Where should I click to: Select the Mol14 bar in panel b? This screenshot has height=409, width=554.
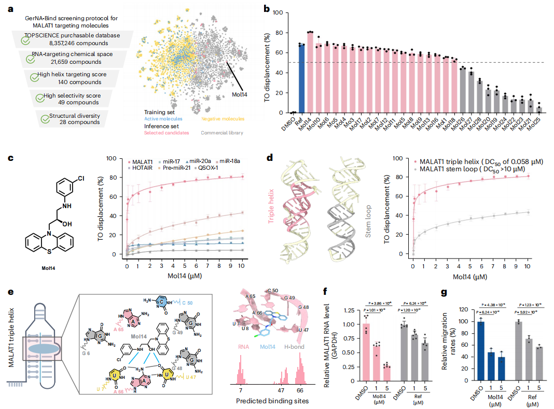pyautogui.click(x=310, y=72)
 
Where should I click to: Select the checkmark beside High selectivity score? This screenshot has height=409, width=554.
pyautogui.click(x=38, y=97)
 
